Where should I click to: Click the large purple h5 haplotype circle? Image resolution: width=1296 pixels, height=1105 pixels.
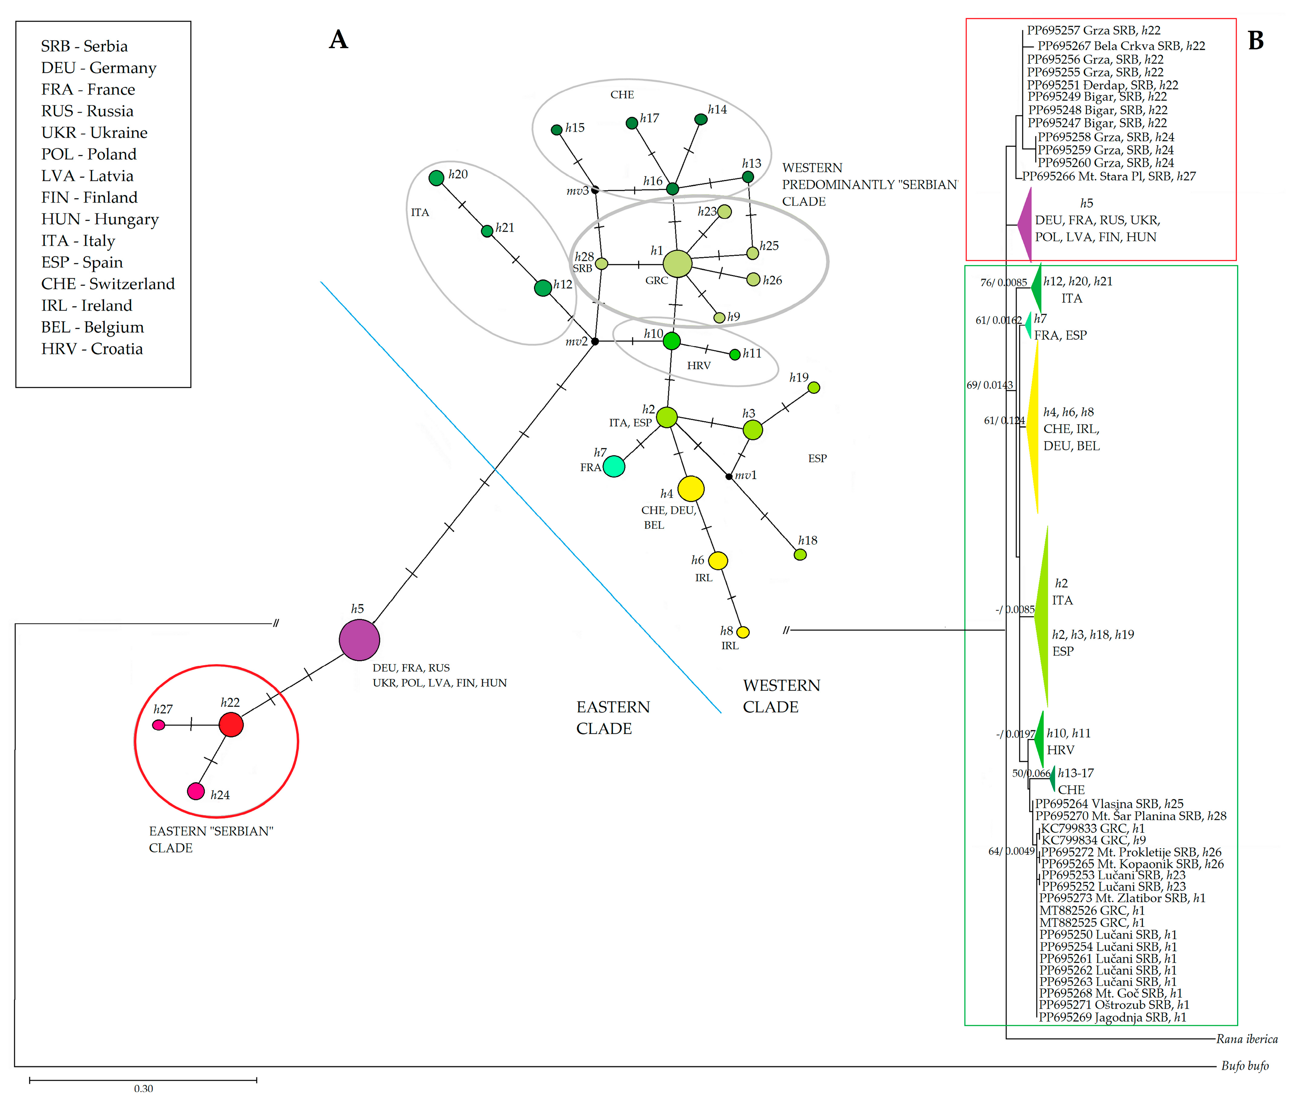tap(359, 640)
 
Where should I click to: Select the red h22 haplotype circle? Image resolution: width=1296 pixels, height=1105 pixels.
tap(231, 725)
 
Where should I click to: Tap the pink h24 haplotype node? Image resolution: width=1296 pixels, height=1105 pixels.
tap(196, 791)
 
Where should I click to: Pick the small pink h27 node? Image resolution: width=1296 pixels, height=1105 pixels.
tap(159, 725)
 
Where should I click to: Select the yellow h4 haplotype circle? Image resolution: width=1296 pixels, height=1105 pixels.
tap(691, 488)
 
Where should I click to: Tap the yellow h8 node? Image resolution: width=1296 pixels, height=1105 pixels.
tap(742, 632)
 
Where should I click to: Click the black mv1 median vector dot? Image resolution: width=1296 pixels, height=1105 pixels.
tap(729, 476)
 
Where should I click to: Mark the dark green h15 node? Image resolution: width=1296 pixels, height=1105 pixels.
tap(556, 130)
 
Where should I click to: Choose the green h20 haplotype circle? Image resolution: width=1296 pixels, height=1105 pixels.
tap(437, 178)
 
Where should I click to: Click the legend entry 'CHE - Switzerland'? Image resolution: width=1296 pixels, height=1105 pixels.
tap(108, 284)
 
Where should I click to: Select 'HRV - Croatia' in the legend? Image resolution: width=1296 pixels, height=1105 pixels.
tap(92, 349)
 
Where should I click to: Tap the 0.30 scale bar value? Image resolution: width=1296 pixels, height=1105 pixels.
tap(143, 1089)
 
